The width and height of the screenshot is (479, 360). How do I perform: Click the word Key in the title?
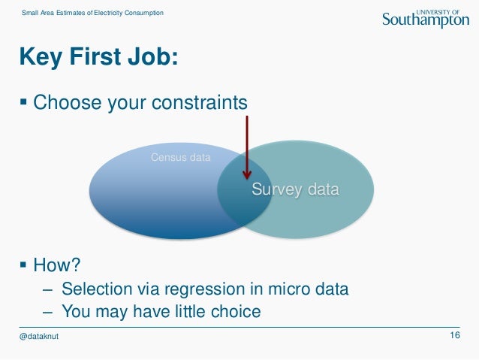[41, 57]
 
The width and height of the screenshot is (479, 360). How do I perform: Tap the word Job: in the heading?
[152, 56]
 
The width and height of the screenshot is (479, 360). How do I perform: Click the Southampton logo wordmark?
[426, 20]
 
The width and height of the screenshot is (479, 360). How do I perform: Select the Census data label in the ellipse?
[180, 157]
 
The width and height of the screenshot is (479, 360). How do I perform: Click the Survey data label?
[295, 189]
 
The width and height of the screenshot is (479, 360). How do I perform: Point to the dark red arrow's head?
[247, 174]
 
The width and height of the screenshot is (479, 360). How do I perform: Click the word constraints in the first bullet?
[200, 102]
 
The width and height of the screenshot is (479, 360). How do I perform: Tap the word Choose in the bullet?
[68, 102]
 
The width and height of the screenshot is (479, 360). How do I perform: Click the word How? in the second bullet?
[57, 265]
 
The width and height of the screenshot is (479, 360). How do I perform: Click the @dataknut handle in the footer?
[39, 336]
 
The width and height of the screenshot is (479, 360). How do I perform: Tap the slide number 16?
[455, 335]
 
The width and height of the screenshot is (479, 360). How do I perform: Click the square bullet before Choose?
[23, 101]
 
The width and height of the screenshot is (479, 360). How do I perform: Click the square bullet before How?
[23, 265]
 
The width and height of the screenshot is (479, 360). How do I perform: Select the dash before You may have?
[47, 313]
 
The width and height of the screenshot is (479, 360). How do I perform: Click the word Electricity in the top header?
[108, 13]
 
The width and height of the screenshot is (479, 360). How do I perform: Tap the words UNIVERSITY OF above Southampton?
[438, 12]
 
